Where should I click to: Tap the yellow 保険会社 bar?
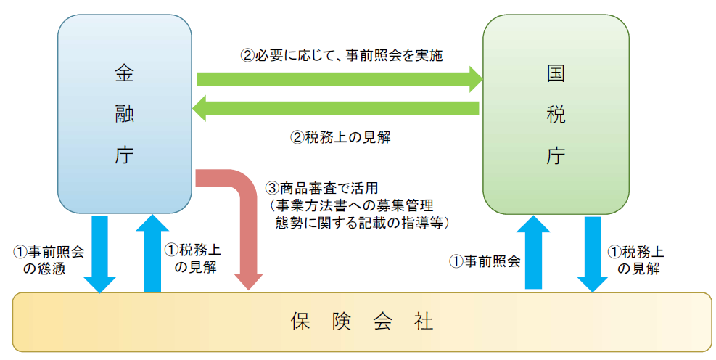(x=362, y=322)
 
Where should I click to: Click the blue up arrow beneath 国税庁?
(x=533, y=253)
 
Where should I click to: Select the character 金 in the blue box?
(x=125, y=73)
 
